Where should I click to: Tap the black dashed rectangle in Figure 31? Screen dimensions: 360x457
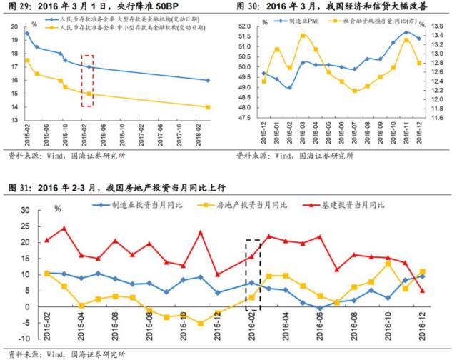click(x=252, y=274)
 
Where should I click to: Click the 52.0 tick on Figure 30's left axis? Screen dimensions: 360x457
click(x=243, y=26)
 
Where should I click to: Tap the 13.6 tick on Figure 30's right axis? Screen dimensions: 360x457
click(x=440, y=26)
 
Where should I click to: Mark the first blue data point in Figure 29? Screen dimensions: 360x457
click(x=27, y=34)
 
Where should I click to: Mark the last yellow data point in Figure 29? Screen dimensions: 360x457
click(x=208, y=107)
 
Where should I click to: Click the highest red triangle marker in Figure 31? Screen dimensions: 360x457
click(x=64, y=229)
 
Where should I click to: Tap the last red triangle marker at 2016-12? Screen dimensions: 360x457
click(x=423, y=290)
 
